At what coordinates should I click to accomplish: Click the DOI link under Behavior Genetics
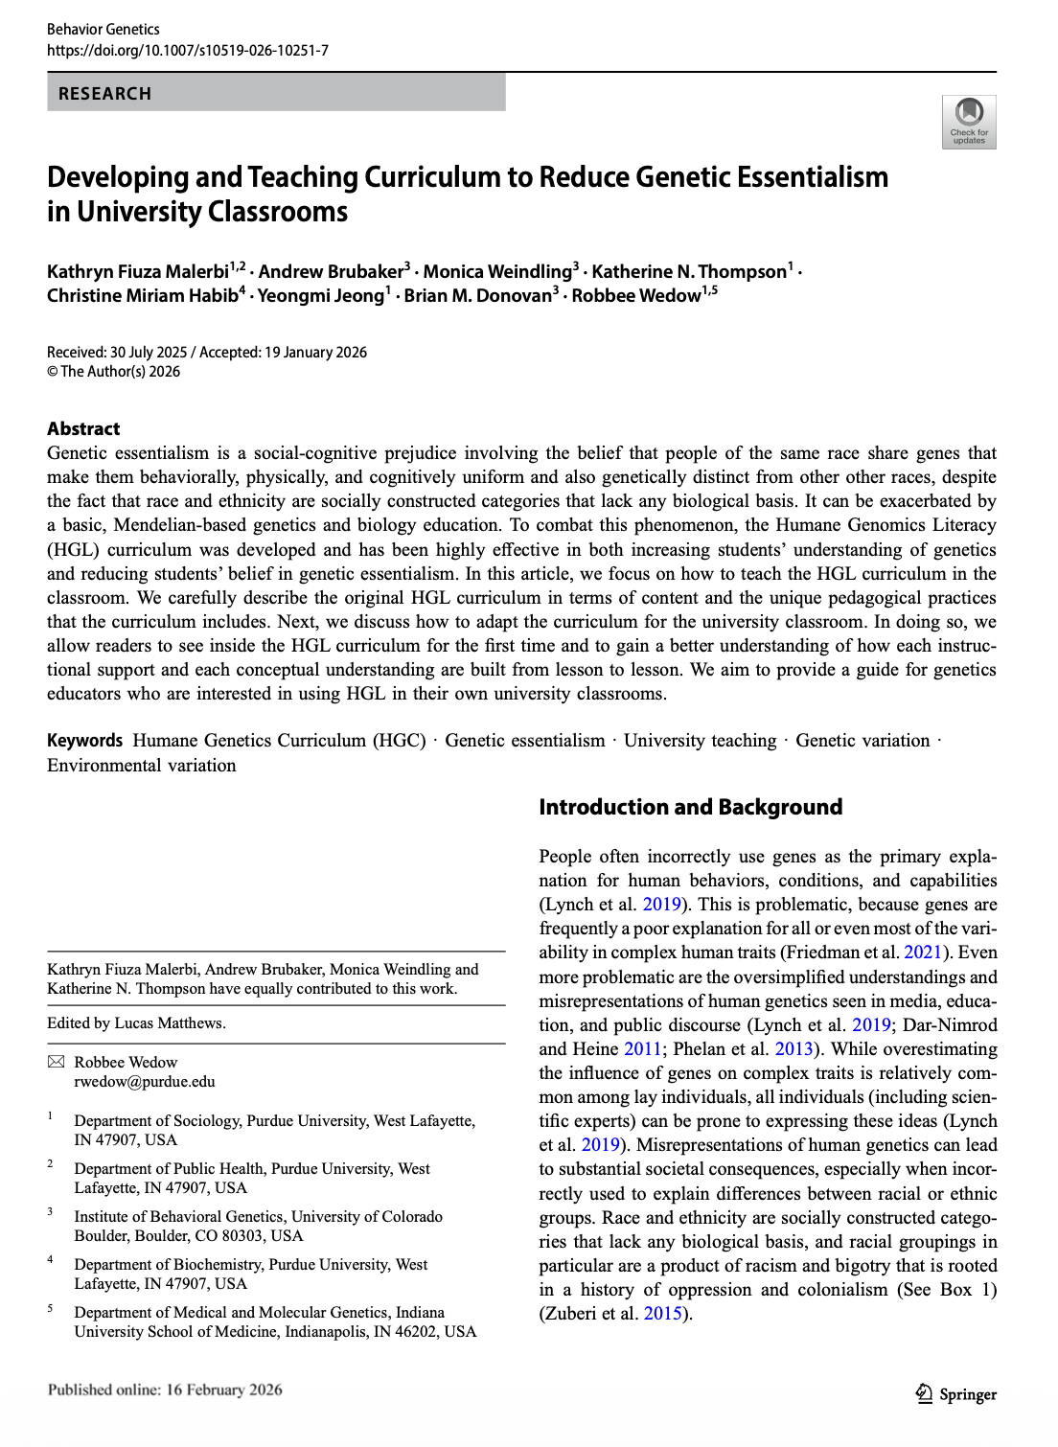click(188, 50)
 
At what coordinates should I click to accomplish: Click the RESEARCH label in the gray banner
click(104, 94)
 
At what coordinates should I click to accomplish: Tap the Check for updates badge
click(969, 122)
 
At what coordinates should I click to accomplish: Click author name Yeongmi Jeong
click(321, 295)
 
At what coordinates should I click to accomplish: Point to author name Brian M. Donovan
click(477, 295)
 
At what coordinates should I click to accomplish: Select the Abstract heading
click(83, 428)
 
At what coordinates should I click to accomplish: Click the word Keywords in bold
click(84, 741)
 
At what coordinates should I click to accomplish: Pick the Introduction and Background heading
click(690, 807)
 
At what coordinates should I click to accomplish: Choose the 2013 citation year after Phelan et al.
click(793, 1048)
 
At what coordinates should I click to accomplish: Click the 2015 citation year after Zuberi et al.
click(662, 1313)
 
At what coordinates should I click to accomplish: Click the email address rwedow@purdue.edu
click(145, 1082)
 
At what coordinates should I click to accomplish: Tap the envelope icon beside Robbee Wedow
click(57, 1062)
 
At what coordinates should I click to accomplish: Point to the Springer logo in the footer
click(956, 1394)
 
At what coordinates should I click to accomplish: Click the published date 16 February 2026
click(223, 1390)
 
